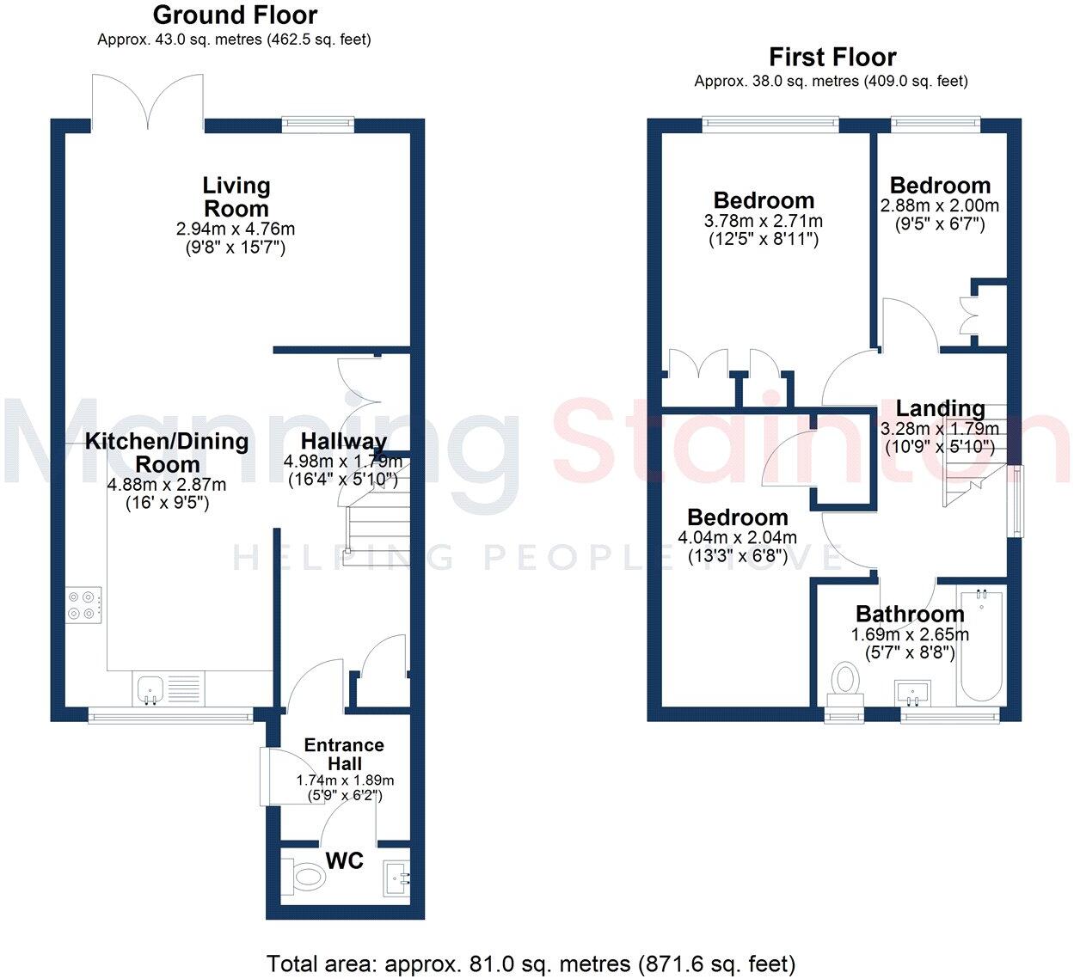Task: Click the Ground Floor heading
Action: coord(235,15)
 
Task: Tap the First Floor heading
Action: coord(832,57)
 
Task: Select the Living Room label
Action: coord(236,197)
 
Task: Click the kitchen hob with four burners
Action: coord(84,604)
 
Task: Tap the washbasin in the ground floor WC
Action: coord(396,878)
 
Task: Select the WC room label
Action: coord(344,860)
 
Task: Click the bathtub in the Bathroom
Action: coord(980,644)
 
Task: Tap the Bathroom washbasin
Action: coord(912,690)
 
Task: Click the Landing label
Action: coord(940,408)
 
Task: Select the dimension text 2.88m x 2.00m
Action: coord(939,206)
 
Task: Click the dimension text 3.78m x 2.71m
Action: coord(763,221)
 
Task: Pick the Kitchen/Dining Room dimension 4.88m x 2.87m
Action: coord(166,485)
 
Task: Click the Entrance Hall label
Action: coord(344,754)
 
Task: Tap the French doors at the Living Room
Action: coord(149,101)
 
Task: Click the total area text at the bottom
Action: coord(531,964)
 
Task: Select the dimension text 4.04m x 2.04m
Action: coord(737,538)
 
